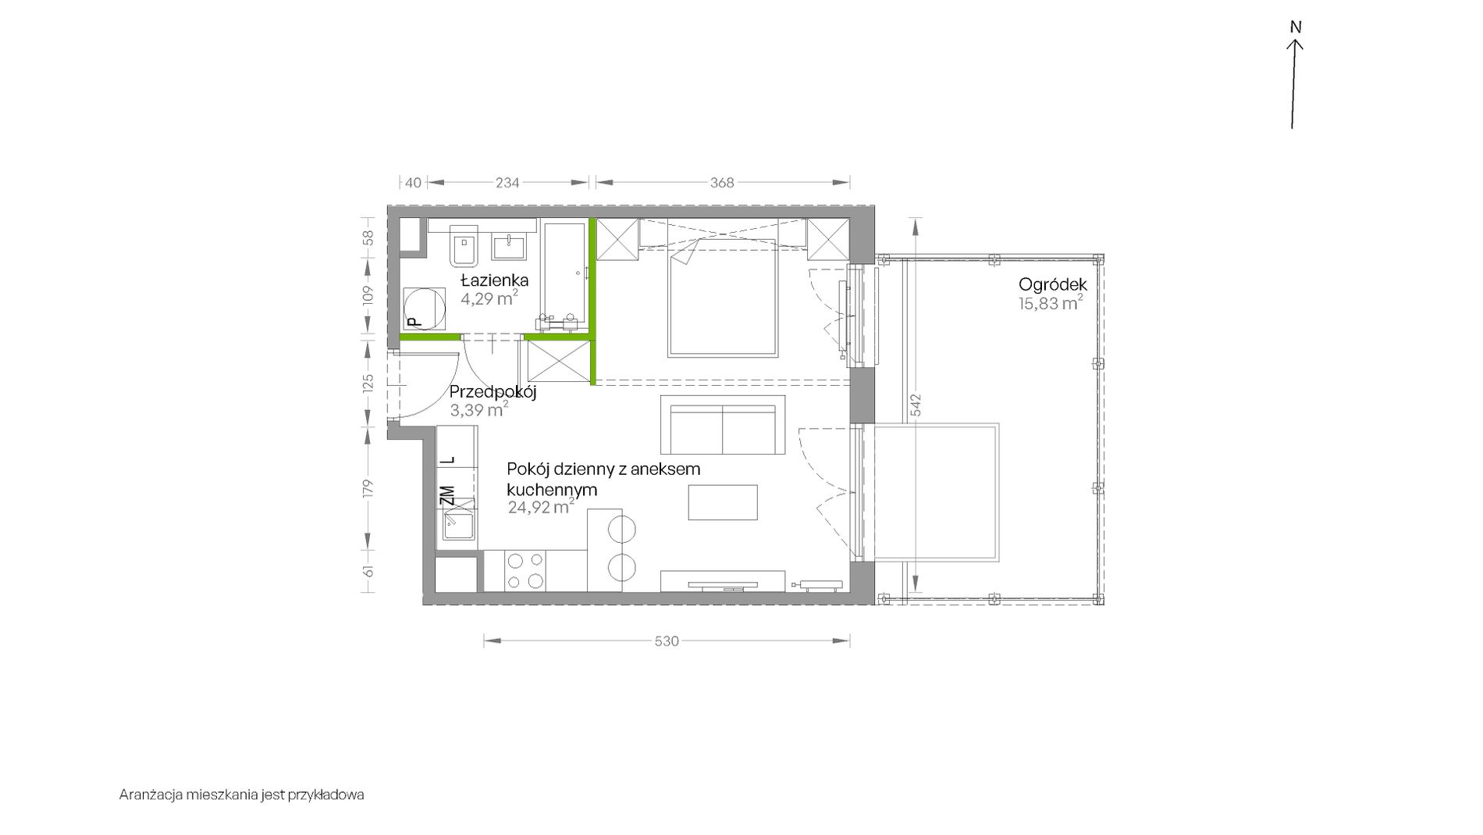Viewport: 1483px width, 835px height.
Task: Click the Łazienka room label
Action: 494,280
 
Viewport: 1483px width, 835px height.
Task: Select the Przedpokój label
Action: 493,393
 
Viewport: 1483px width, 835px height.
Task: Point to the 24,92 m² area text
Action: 541,507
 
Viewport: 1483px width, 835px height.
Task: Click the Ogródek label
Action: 1053,285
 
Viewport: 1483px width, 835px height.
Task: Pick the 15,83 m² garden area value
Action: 1051,304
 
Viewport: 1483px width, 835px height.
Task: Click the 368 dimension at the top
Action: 722,183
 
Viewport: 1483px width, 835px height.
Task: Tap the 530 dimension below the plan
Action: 666,641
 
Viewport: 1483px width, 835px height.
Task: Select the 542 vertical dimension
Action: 916,405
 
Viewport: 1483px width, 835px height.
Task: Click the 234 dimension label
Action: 507,183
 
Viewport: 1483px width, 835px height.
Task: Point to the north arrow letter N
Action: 1296,27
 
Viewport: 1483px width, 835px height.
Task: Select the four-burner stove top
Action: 525,570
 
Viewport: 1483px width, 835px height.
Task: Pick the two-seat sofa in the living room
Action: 723,425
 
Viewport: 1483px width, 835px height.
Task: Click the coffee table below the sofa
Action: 723,502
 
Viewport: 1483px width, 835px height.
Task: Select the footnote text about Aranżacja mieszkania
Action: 242,795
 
